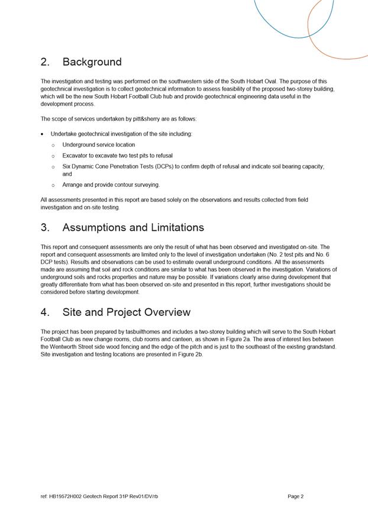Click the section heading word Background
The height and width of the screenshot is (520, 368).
click(92, 62)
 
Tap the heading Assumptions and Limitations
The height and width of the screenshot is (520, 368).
click(133, 228)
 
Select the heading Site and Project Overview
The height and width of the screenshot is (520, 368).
click(126, 312)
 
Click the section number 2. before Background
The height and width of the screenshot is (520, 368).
click(46, 62)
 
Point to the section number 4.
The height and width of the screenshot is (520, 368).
click(46, 312)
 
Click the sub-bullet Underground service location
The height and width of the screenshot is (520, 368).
click(98, 145)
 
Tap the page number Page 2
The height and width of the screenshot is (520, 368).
click(295, 496)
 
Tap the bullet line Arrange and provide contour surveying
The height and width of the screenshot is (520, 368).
click(111, 185)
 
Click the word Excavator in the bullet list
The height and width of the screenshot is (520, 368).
click(76, 156)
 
